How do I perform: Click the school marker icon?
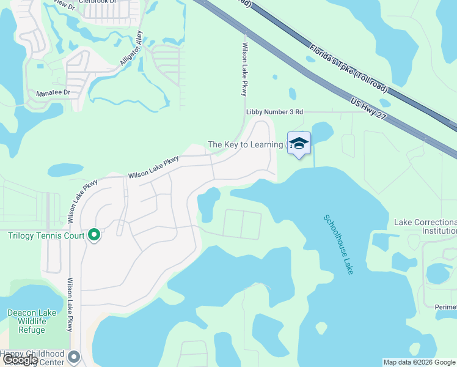[299, 144]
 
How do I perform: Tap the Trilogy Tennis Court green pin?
[94, 235]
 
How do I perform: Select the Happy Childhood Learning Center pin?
[75, 357]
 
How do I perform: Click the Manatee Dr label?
[53, 93]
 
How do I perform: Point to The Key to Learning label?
[246, 144]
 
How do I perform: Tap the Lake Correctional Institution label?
[426, 226]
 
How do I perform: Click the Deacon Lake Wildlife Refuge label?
[32, 321]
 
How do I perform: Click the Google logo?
[21, 360]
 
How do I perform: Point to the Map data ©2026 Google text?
[419, 362]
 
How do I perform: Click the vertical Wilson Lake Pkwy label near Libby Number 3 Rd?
[245, 69]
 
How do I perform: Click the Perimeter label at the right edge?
[445, 307]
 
